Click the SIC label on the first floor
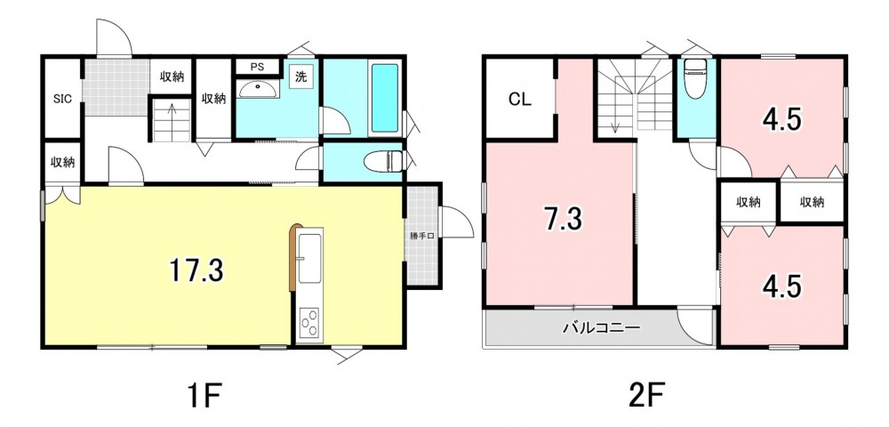coord(62,99)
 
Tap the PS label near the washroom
coord(258,67)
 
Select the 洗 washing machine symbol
coord(300,77)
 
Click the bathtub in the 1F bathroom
coord(384,98)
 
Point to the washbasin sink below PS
coord(259,89)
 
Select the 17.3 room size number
coord(196,270)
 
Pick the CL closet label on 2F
coord(519,100)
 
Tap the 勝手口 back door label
coord(421,236)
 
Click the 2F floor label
coord(647,394)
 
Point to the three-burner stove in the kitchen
coord(309,325)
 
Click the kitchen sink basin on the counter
coord(310,259)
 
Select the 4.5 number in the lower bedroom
coord(781,287)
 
